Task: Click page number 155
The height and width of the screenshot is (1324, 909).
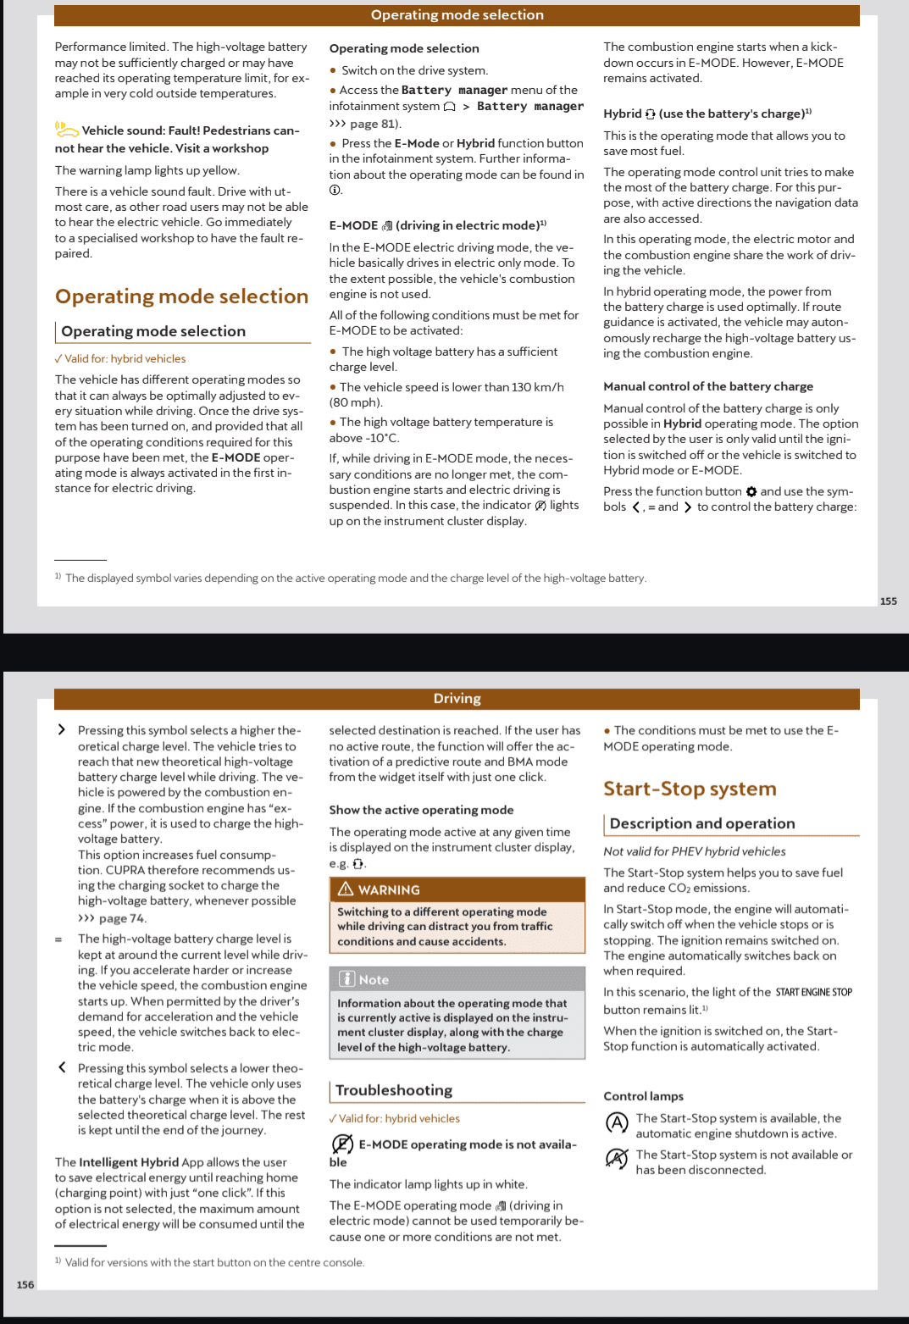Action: (x=888, y=601)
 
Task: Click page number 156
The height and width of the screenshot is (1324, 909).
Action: (x=25, y=1284)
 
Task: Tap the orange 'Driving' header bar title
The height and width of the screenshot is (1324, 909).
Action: (x=457, y=699)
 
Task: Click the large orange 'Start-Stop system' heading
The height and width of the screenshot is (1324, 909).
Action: (x=690, y=789)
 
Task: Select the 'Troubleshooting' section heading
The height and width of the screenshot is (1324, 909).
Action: (x=394, y=1090)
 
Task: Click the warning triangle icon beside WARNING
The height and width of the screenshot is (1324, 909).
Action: (x=346, y=889)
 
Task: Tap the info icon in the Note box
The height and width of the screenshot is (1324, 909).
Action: (x=347, y=979)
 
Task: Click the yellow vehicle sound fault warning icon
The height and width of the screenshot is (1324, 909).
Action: (x=66, y=129)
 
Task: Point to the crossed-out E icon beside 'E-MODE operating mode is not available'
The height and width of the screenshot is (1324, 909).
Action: (x=341, y=1144)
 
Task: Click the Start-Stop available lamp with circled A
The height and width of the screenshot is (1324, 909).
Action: (x=617, y=1123)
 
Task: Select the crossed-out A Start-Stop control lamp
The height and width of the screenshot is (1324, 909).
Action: (x=617, y=1158)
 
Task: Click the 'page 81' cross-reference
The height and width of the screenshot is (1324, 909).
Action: (x=373, y=124)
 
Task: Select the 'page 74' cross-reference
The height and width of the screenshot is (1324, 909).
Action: (x=122, y=918)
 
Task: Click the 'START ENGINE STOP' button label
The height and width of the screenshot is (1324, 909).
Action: (x=813, y=992)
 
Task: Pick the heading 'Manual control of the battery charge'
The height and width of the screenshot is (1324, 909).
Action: (x=708, y=386)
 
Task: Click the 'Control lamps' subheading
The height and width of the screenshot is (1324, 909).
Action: (x=643, y=1096)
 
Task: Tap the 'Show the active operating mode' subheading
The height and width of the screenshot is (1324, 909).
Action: (x=421, y=810)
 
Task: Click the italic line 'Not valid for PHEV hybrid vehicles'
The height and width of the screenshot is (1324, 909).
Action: (x=694, y=851)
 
